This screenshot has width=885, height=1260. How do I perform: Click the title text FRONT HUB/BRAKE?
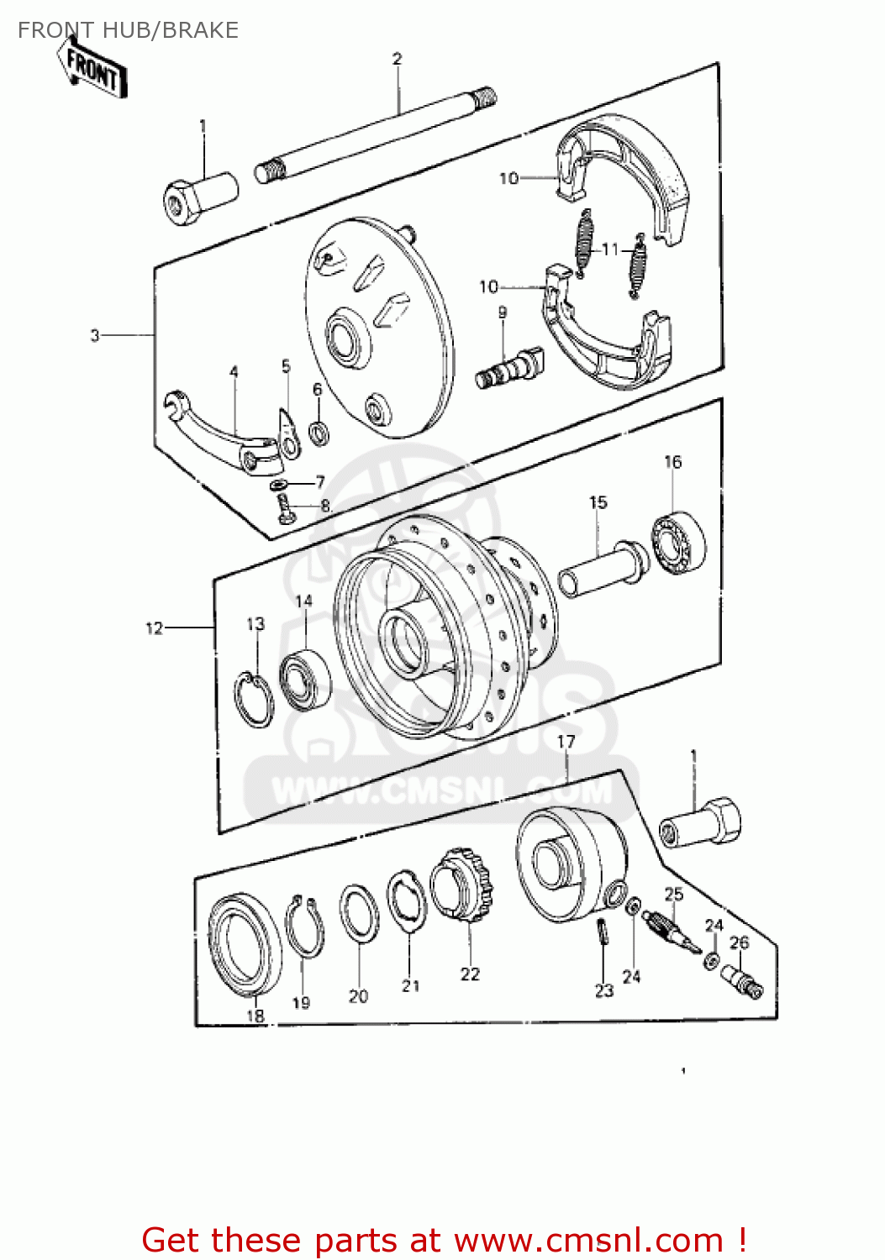pyautogui.click(x=128, y=30)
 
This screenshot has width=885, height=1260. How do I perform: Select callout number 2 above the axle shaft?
pyautogui.click(x=397, y=59)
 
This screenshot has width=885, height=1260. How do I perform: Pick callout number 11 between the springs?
pyautogui.click(x=610, y=249)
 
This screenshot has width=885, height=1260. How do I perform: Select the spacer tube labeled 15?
pyautogui.click(x=603, y=568)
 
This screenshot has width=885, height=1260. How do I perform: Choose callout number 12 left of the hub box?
pyautogui.click(x=154, y=627)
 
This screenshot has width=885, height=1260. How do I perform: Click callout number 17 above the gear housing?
pyautogui.click(x=566, y=742)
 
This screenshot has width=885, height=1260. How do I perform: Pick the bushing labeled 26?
pyautogui.click(x=741, y=980)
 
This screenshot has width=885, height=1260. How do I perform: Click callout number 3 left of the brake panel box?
pyautogui.click(x=95, y=335)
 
